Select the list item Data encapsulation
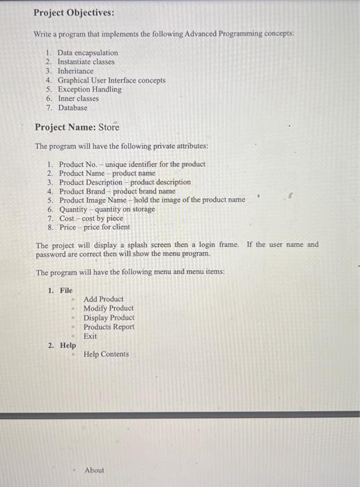(88, 53)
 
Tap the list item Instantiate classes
(86, 62)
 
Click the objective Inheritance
(75, 71)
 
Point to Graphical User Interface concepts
(111, 81)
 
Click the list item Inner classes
(78, 99)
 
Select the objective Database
(72, 108)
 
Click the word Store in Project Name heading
(109, 127)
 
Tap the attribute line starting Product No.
(132, 164)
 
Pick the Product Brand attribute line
(117, 191)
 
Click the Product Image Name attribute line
(151, 200)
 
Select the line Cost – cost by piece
(91, 218)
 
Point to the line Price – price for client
(94, 227)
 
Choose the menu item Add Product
(103, 299)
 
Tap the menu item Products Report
(109, 327)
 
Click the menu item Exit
(91, 336)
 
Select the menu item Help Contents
(106, 354)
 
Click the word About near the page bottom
(94, 470)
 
